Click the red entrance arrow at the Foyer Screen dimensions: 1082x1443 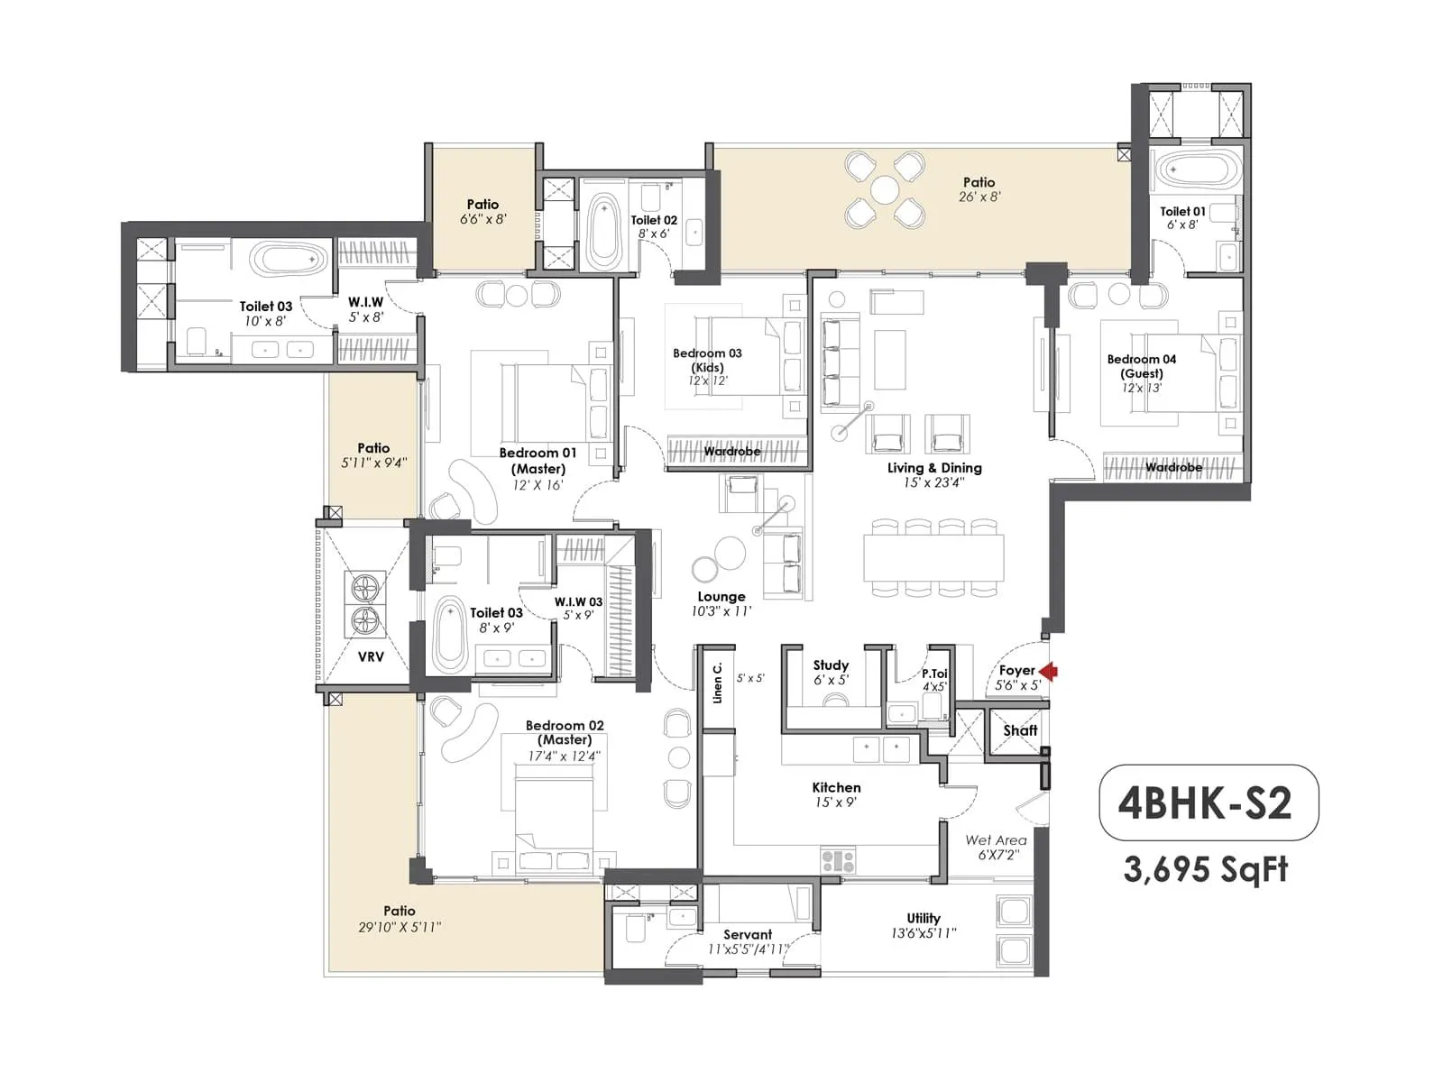(1048, 672)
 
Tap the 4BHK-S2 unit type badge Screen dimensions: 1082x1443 (1208, 802)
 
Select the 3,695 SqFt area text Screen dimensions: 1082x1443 (1206, 869)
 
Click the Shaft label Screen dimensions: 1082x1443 (1020, 730)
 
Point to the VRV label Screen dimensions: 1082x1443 (371, 656)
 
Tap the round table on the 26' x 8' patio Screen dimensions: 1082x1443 (885, 189)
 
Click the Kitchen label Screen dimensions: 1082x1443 (836, 787)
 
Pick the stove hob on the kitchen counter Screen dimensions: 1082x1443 (838, 860)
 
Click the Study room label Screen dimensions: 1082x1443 (831, 665)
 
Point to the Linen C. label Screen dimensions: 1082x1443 (718, 683)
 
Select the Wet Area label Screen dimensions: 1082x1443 (996, 839)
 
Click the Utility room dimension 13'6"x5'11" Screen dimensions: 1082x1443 (924, 933)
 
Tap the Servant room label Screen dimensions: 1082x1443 (747, 934)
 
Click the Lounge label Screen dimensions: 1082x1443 (721, 597)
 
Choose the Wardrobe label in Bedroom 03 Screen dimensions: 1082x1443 (731, 451)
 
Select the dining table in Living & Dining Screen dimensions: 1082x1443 (933, 558)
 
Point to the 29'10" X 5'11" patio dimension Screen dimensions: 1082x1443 (400, 926)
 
